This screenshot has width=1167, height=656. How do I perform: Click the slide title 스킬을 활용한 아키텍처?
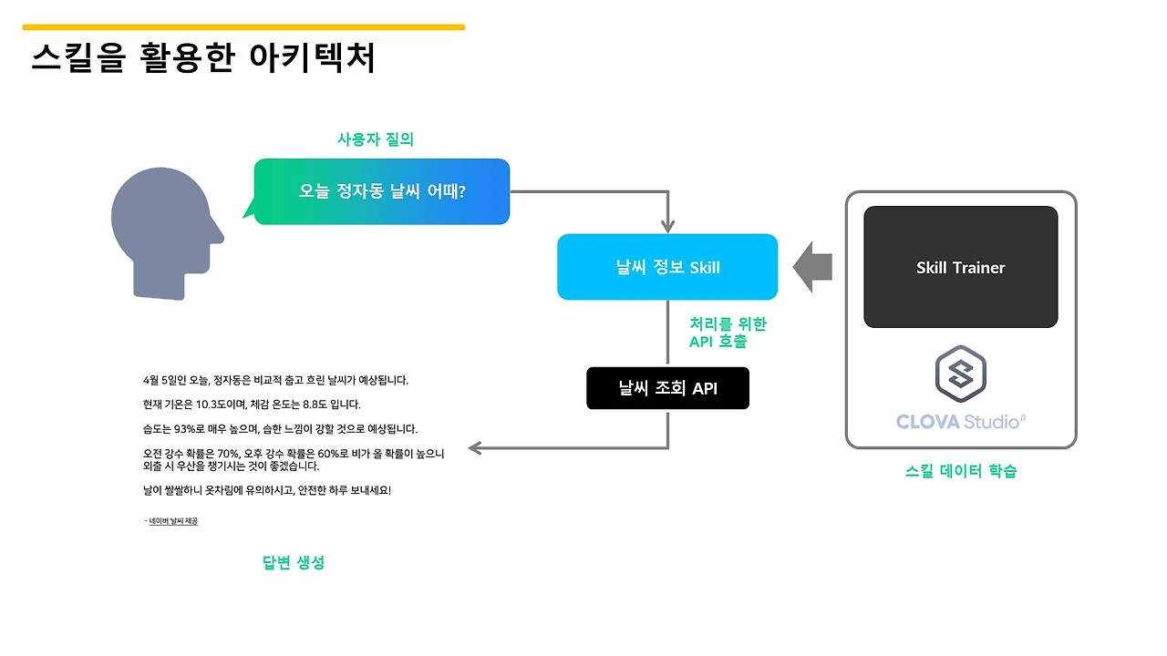pyautogui.click(x=203, y=58)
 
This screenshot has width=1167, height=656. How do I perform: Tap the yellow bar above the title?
pyautogui.click(x=243, y=27)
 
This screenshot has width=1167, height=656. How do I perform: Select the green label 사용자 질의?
pyautogui.click(x=376, y=139)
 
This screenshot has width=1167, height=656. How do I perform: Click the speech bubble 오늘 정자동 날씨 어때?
pyautogui.click(x=382, y=191)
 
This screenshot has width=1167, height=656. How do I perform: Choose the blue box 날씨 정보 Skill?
pyautogui.click(x=667, y=267)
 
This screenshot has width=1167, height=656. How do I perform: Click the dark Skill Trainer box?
pyautogui.click(x=960, y=267)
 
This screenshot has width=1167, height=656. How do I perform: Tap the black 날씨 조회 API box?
pyautogui.click(x=667, y=388)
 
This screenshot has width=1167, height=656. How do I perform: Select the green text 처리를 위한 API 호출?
pyautogui.click(x=728, y=333)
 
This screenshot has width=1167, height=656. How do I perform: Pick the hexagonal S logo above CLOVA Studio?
pyautogui.click(x=961, y=374)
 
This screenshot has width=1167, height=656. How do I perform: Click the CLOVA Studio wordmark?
pyautogui.click(x=961, y=421)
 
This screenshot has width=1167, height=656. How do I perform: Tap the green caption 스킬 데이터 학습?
pyautogui.click(x=961, y=471)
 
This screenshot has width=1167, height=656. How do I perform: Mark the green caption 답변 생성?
pyautogui.click(x=294, y=562)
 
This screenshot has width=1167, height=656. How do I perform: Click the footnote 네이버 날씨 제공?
pyautogui.click(x=173, y=521)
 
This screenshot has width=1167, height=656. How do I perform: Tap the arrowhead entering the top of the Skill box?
pyautogui.click(x=668, y=226)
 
